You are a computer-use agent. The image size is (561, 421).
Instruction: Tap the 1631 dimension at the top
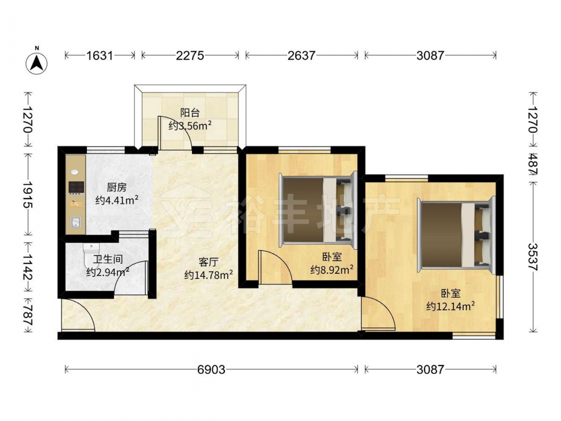click(99, 56)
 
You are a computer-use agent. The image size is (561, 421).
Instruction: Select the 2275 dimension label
click(190, 56)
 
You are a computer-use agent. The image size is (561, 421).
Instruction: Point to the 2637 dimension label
click(301, 56)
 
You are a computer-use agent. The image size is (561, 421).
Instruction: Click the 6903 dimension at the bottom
click(211, 369)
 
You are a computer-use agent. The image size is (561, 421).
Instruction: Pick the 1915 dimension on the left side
click(28, 194)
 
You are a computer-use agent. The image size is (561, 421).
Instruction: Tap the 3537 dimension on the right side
click(533, 257)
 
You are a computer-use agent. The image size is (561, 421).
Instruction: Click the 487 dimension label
click(533, 164)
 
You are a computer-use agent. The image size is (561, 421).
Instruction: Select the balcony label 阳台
click(190, 113)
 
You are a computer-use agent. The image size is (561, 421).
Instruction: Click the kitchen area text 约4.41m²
click(117, 200)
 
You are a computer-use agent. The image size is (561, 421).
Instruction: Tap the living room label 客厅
click(208, 262)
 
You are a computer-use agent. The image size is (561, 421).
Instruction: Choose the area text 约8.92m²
click(332, 269)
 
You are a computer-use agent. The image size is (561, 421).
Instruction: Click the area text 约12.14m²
click(450, 306)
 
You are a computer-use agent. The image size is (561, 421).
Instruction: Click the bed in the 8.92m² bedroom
click(318, 209)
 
